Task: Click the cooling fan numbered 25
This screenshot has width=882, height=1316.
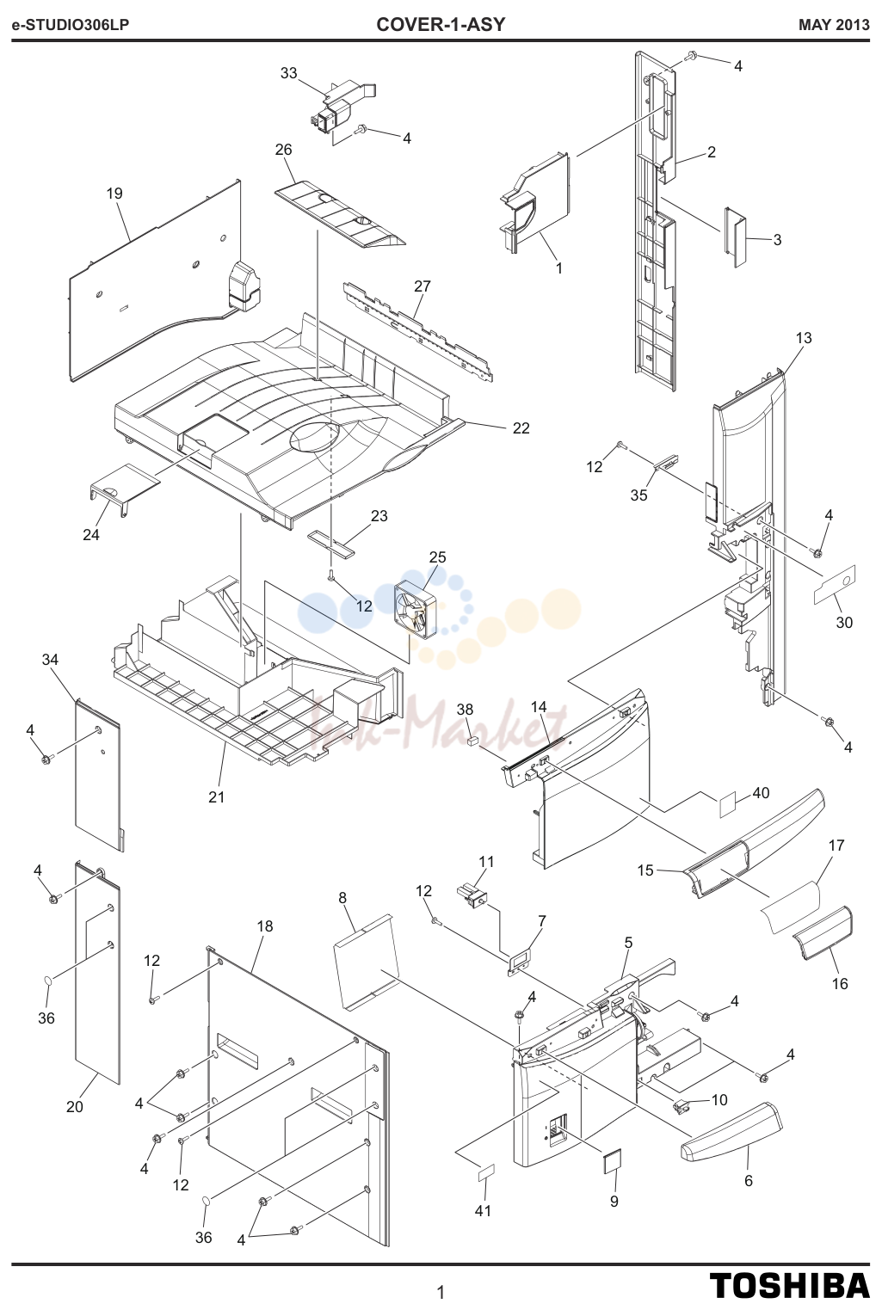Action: coord(416,609)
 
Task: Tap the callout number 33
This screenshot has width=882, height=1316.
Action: coord(288,73)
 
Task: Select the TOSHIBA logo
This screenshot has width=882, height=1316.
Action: coord(790,1286)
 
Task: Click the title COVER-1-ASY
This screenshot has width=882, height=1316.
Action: coord(441,24)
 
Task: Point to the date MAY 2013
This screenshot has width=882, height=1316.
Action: coord(834,25)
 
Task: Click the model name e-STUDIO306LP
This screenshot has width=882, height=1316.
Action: coord(71,25)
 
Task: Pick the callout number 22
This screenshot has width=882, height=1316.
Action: coord(521,428)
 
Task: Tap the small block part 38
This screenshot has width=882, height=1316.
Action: coord(470,741)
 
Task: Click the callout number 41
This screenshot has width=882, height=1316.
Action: coord(483,1211)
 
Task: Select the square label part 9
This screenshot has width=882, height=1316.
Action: coord(612,1160)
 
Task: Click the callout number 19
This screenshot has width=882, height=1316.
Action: coord(114,194)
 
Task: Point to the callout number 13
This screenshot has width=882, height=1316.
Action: coord(804,338)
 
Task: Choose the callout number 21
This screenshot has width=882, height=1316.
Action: coord(217,797)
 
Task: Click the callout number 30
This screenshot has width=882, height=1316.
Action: coord(844,622)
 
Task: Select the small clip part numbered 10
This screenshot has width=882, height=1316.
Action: coord(681,1107)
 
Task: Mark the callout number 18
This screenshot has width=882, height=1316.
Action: coord(265,926)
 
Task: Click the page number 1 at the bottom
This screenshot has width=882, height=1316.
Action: coord(441,1293)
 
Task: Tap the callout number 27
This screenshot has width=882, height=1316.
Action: coord(422,286)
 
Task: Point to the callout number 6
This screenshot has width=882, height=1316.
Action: coord(749,1181)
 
